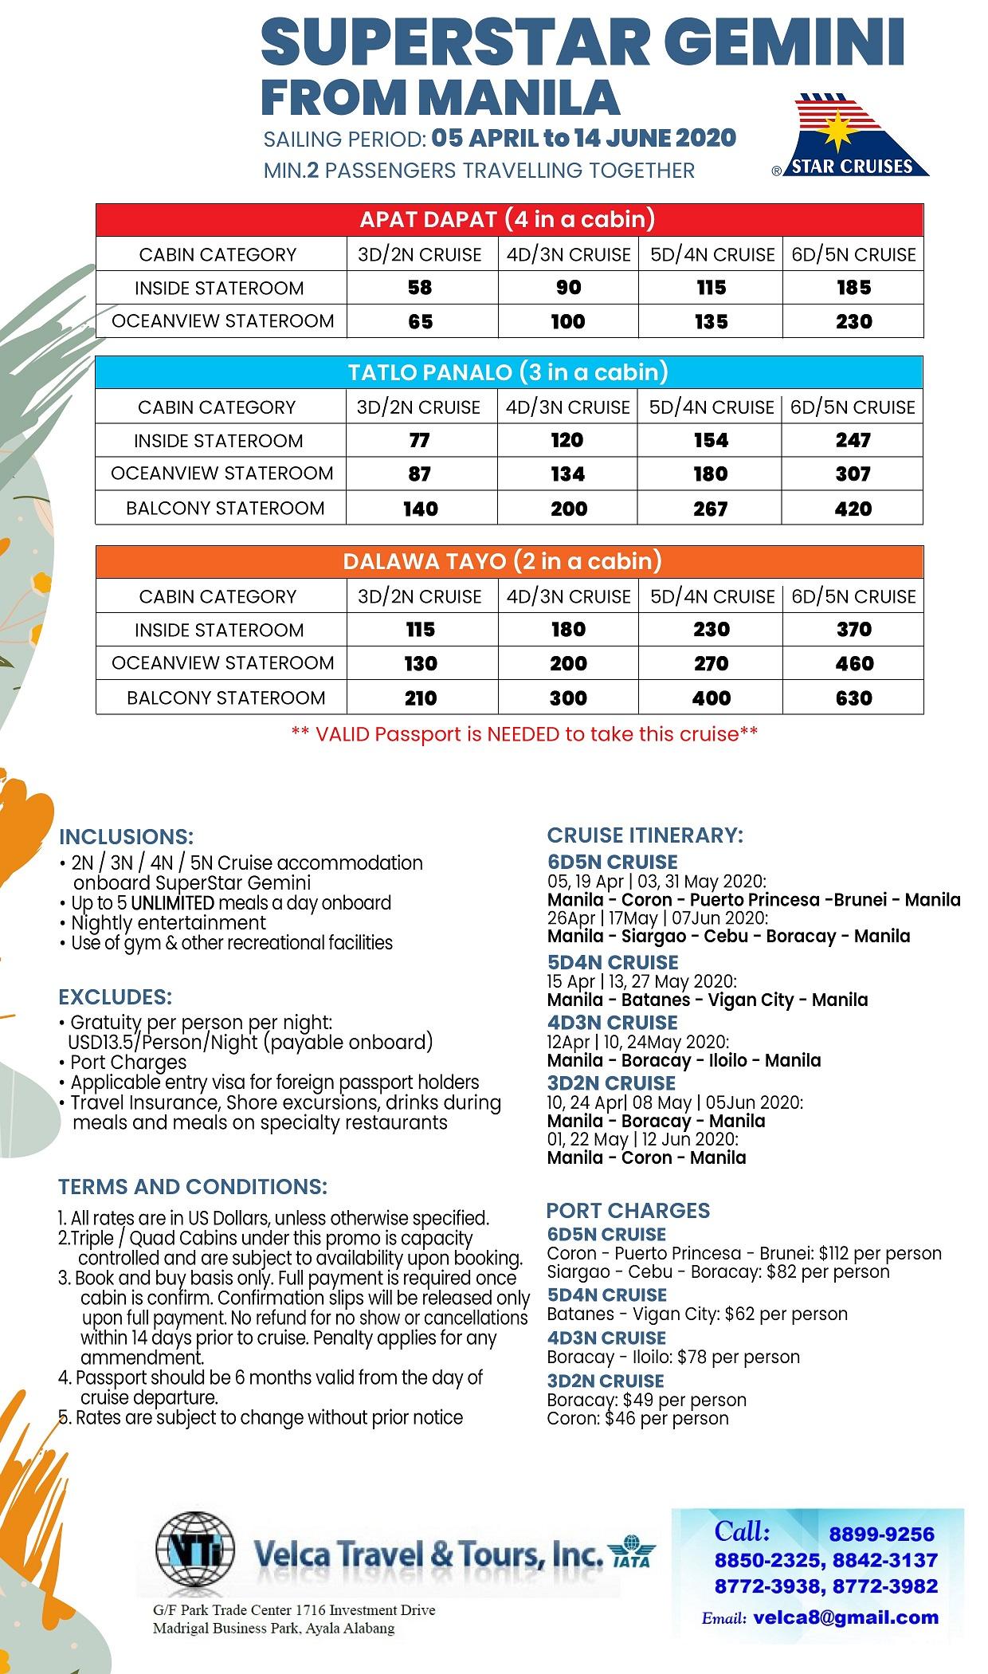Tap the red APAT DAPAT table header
(x=508, y=219)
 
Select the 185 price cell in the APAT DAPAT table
(x=853, y=288)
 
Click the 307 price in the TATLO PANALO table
(x=853, y=474)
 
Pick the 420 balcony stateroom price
(x=853, y=509)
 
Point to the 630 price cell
(x=853, y=698)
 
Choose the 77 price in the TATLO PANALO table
(x=420, y=440)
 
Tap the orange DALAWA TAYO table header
(x=508, y=561)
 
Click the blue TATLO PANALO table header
(x=508, y=372)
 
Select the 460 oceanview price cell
(x=853, y=663)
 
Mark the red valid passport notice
(x=524, y=734)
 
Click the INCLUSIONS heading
(x=126, y=837)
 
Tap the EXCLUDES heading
(x=115, y=997)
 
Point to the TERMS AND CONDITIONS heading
(x=192, y=1187)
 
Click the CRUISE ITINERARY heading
(x=645, y=835)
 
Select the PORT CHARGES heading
(x=628, y=1210)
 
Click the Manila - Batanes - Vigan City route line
(x=707, y=1000)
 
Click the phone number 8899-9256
(x=881, y=1534)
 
